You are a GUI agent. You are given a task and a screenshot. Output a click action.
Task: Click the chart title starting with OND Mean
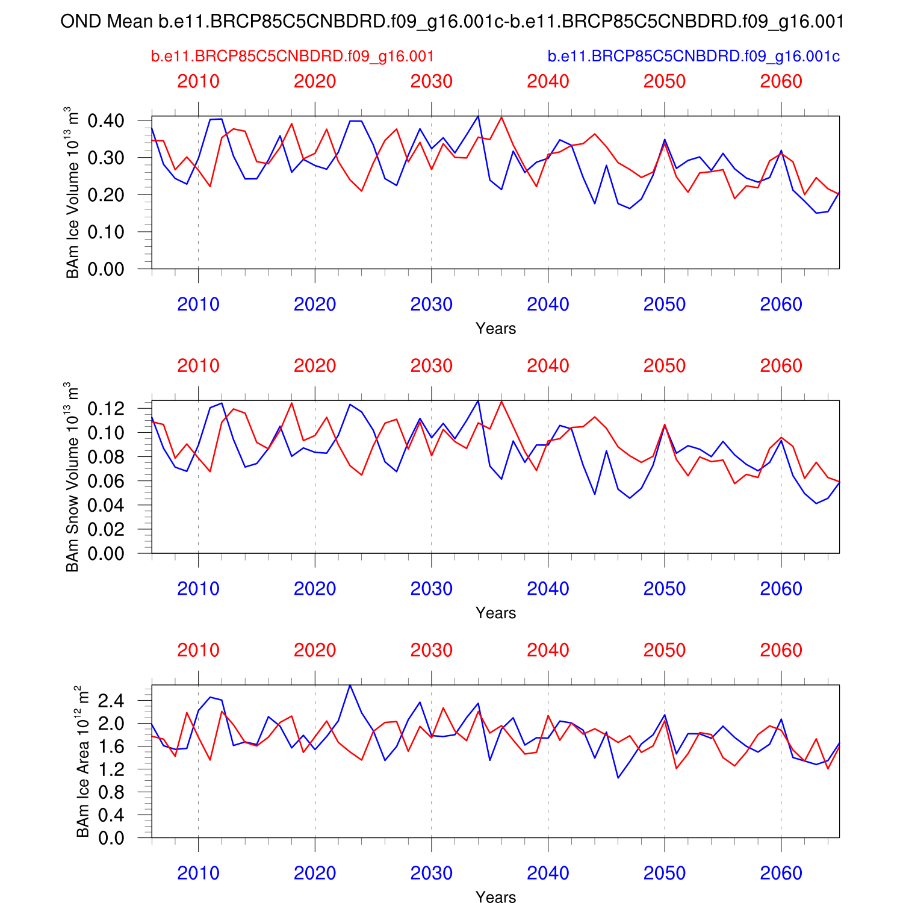(451, 22)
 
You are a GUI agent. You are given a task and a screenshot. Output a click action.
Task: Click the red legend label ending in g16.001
(293, 57)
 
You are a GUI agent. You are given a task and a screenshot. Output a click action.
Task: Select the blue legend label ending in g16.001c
(694, 57)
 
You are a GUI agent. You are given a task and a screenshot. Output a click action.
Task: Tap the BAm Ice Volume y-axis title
(72, 193)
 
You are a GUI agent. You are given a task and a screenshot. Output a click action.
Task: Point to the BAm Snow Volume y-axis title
(72, 477)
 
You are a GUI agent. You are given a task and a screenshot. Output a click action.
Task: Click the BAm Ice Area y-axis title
(82, 761)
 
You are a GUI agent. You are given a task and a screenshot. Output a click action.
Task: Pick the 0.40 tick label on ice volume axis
(106, 121)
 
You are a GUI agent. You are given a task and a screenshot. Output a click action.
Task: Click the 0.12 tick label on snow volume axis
(106, 409)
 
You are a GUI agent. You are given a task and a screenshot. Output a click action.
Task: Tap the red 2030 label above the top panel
(431, 81)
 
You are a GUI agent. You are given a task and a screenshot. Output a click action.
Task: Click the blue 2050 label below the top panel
(665, 305)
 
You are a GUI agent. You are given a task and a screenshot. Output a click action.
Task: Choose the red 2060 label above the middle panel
(781, 366)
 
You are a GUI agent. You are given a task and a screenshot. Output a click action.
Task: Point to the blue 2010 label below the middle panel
(198, 589)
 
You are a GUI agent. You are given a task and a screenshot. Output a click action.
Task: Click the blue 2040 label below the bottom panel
(548, 873)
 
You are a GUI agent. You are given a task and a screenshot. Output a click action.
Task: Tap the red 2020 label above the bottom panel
(315, 650)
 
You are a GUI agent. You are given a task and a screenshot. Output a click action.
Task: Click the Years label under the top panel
(495, 329)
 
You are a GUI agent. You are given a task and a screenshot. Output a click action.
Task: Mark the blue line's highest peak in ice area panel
(350, 685)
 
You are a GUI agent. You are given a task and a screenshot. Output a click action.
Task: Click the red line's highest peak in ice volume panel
(501, 117)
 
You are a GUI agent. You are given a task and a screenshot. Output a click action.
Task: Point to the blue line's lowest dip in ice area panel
(618, 778)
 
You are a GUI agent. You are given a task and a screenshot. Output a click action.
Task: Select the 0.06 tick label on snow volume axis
(106, 481)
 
